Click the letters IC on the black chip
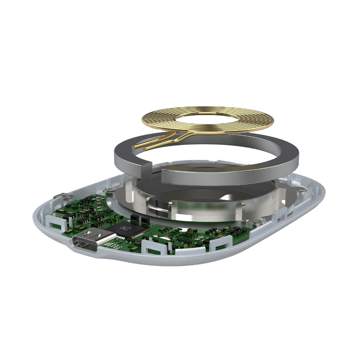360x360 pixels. pyautogui.click(x=124, y=228)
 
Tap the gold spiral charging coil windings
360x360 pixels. pyautogui.click(x=208, y=120)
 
